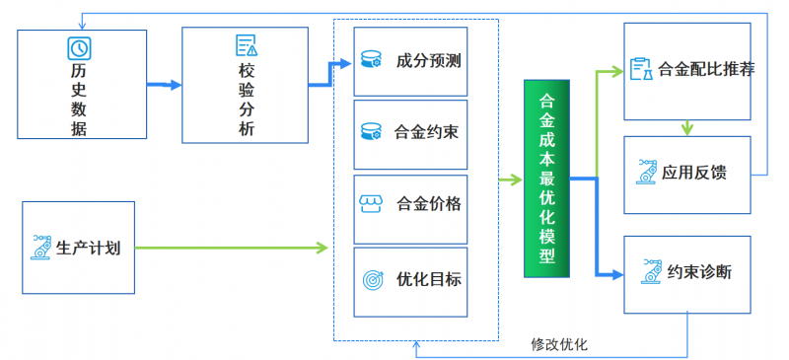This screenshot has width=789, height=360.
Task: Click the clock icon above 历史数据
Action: tap(79, 46)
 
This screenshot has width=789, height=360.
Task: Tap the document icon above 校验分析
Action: tap(246, 45)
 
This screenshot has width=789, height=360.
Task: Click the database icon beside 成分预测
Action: tap(372, 61)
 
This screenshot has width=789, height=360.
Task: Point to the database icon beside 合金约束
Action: tap(372, 131)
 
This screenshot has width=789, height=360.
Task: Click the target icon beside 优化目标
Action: tap(372, 279)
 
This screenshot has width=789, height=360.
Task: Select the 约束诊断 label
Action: tap(699, 272)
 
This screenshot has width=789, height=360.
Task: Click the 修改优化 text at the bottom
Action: tap(558, 344)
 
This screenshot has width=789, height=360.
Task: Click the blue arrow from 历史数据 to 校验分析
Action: tap(164, 85)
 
